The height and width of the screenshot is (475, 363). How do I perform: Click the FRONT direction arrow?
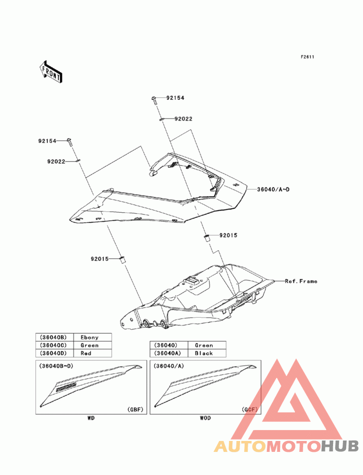coord(51,72)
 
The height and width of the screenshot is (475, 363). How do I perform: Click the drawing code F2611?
coord(307,57)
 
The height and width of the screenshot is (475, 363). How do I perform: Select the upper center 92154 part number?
coord(175,98)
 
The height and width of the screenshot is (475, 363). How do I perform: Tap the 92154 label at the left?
coord(47,141)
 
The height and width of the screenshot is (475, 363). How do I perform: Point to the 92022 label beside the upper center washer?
coord(183,119)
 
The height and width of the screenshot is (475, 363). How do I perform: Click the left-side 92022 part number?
coord(56,162)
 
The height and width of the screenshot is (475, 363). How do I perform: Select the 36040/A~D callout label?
coord(273,189)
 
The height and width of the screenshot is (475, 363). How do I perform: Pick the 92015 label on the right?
coord(229,235)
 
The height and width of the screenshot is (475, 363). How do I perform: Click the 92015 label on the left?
coord(99,259)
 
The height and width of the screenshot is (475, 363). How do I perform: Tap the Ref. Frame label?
coord(301,281)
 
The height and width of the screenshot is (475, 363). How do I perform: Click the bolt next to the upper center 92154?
coord(154,100)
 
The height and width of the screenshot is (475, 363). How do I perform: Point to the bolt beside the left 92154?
coord(70,142)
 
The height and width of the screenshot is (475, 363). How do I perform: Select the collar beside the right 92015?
coord(207,238)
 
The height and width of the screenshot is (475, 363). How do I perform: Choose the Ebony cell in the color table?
coord(89,337)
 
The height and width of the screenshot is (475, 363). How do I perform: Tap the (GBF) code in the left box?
coord(135,410)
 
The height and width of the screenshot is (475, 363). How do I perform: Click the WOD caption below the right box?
coord(205,418)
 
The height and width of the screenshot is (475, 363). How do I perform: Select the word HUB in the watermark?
coord(339,446)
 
